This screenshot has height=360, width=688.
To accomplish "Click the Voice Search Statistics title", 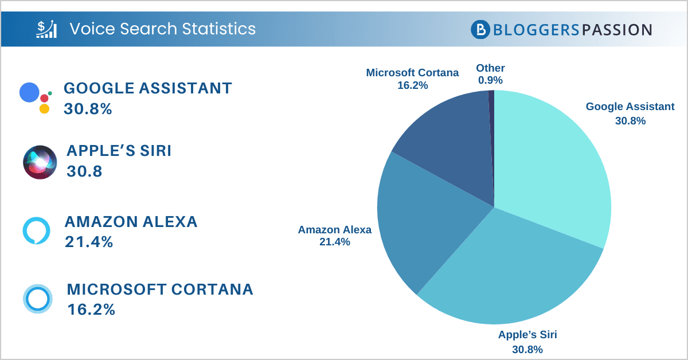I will [x=162, y=28].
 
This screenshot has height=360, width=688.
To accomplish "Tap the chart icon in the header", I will [x=46, y=28].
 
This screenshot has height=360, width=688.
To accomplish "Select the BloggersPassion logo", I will [x=561, y=29].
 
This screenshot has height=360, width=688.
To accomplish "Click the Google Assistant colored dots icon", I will [x=35, y=97].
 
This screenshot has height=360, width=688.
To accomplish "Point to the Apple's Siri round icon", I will [x=40, y=162].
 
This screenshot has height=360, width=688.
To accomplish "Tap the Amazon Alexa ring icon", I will [x=37, y=230].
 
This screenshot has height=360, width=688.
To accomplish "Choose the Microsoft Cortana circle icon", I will [x=38, y=299].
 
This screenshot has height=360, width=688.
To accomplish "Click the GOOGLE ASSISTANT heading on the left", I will [x=148, y=88].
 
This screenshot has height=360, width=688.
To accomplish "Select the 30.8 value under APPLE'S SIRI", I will [x=84, y=171].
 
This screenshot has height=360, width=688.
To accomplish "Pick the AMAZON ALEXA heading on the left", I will [x=131, y=222].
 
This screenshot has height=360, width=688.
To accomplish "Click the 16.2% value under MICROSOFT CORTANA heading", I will [x=91, y=310].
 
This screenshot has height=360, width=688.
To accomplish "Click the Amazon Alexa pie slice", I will [x=424, y=218].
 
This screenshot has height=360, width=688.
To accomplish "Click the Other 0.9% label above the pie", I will [x=490, y=75].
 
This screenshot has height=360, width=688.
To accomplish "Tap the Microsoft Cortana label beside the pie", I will [x=412, y=79].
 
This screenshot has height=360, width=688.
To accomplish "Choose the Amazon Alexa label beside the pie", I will [x=334, y=236].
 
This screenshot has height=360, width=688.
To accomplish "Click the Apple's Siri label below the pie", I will [x=527, y=342].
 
